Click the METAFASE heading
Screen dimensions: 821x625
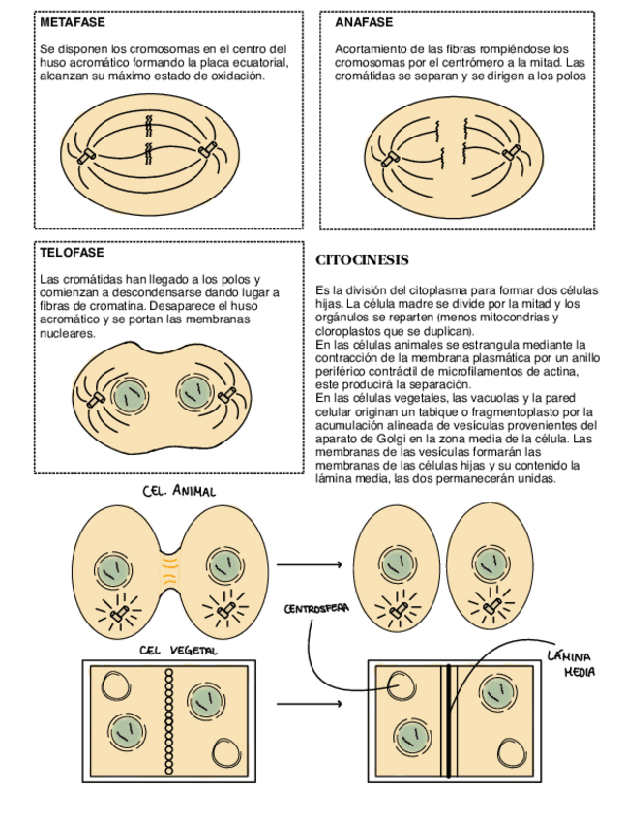pyautogui.click(x=74, y=21)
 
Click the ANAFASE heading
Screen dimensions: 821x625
pyautogui.click(x=364, y=21)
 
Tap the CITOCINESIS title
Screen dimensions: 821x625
pyautogui.click(x=363, y=260)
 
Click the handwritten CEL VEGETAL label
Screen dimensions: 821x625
pyautogui.click(x=179, y=651)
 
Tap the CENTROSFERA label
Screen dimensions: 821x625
pyautogui.click(x=316, y=610)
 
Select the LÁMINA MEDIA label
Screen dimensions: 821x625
pyautogui.click(x=571, y=662)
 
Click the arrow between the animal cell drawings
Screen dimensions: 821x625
pyautogui.click(x=310, y=564)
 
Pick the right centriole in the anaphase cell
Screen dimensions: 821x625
pyautogui.click(x=510, y=153)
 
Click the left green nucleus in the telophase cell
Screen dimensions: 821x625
pyautogui.click(x=126, y=394)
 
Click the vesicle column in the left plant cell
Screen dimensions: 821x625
pyautogui.click(x=169, y=720)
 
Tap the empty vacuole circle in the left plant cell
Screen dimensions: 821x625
pyautogui.click(x=117, y=687)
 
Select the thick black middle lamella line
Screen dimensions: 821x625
pyautogui.click(x=448, y=720)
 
